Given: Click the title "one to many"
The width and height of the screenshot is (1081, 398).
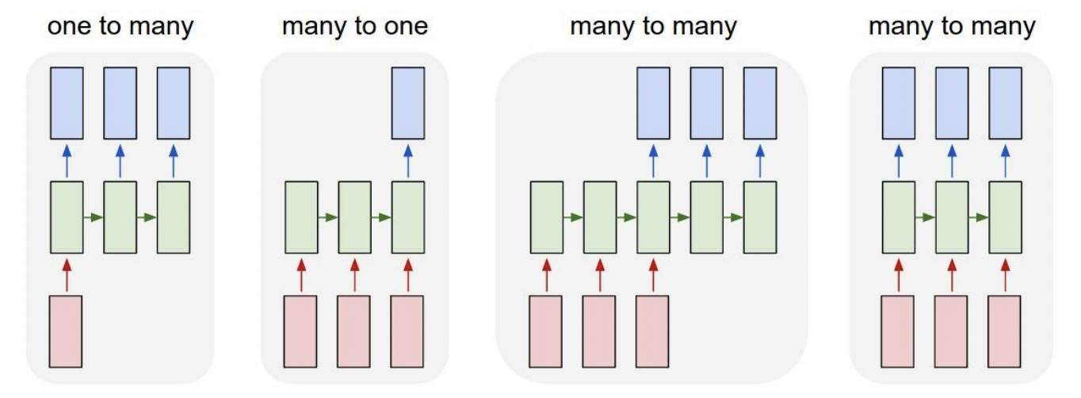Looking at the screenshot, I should tap(120, 26).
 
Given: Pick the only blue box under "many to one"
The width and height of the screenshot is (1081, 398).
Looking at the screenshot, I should tap(408, 103).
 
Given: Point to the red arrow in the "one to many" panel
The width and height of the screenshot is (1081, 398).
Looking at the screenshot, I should tap(67, 274).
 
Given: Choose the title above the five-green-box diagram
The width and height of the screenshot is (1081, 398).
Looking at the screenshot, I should tap(653, 26).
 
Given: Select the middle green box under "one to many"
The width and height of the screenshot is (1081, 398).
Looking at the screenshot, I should tap(120, 217).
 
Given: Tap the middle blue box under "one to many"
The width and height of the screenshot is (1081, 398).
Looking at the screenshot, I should tap(120, 103).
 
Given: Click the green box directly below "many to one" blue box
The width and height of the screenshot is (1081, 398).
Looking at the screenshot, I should tap(408, 217).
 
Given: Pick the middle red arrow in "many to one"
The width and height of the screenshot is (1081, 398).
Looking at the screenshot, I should tap(354, 274).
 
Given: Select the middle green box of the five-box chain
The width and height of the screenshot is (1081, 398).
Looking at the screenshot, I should tap(653, 217).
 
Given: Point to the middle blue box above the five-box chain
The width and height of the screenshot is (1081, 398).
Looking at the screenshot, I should tap(706, 103).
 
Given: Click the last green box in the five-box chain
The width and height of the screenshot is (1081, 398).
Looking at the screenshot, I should tap(759, 217).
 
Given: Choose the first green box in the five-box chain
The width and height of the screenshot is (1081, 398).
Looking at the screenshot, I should tap(546, 217).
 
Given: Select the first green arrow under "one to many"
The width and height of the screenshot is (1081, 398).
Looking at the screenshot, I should tap(94, 217).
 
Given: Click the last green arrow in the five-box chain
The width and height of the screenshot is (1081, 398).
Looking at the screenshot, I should tap(733, 217).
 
